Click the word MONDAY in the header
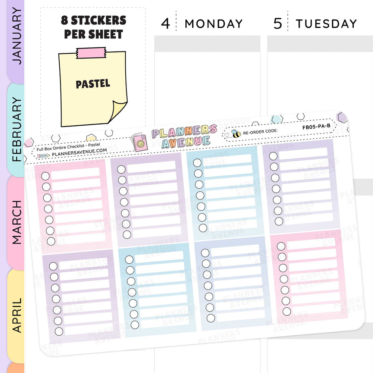coord(214,24)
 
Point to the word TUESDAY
coord(326,24)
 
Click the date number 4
coord(165,24)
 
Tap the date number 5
coord(278,24)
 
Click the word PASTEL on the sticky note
coord(93,84)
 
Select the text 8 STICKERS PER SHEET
coord(93,27)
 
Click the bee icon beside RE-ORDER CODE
coord(236,134)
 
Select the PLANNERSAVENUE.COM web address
coord(79,150)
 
